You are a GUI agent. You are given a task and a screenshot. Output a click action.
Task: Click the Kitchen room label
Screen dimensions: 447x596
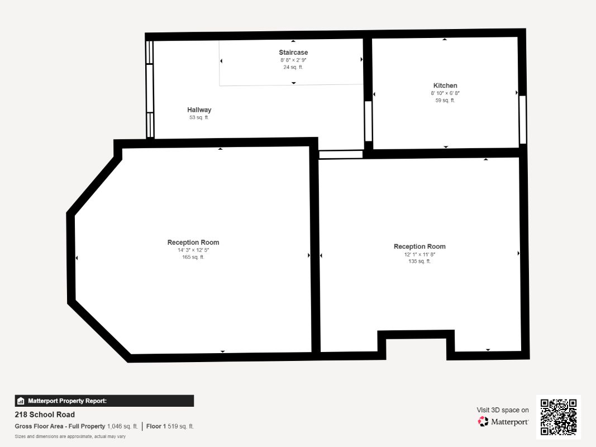click(445, 85)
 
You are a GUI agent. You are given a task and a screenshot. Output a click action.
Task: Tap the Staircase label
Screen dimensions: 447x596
click(293, 53)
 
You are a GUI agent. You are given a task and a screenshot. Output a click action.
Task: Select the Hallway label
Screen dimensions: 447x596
click(199, 110)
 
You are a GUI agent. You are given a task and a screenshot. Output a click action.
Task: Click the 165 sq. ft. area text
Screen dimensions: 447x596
click(193, 257)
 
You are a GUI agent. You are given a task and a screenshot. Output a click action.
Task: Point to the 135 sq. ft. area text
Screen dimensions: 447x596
click(419, 261)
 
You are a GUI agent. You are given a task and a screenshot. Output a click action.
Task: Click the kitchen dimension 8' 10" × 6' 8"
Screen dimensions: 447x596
click(445, 93)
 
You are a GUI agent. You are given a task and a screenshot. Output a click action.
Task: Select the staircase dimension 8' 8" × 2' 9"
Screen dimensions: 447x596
click(293, 60)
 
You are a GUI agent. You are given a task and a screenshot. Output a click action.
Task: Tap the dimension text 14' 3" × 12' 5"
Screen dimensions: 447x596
click(193, 250)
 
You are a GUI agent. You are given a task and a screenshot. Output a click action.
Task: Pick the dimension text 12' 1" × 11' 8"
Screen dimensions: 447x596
click(419, 254)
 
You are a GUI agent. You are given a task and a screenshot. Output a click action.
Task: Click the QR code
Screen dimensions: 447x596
click(559, 417)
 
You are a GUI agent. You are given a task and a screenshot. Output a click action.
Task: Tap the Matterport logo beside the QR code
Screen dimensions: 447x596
click(503, 422)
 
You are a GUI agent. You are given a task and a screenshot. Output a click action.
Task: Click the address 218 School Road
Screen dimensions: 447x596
click(45, 415)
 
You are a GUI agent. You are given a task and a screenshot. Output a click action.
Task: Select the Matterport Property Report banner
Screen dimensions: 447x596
click(104, 401)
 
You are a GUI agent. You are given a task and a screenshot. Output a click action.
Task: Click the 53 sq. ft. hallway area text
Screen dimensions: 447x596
click(199, 117)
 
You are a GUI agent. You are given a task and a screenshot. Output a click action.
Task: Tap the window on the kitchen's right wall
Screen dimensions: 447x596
click(522, 120)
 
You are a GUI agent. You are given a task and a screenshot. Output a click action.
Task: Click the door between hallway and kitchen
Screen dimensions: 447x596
click(368, 121)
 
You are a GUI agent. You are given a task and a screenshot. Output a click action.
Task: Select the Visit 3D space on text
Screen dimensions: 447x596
click(503, 410)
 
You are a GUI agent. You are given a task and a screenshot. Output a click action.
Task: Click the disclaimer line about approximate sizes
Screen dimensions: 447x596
click(70, 436)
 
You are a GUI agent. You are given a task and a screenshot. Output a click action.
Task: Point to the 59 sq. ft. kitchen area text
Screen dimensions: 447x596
click(445, 101)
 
